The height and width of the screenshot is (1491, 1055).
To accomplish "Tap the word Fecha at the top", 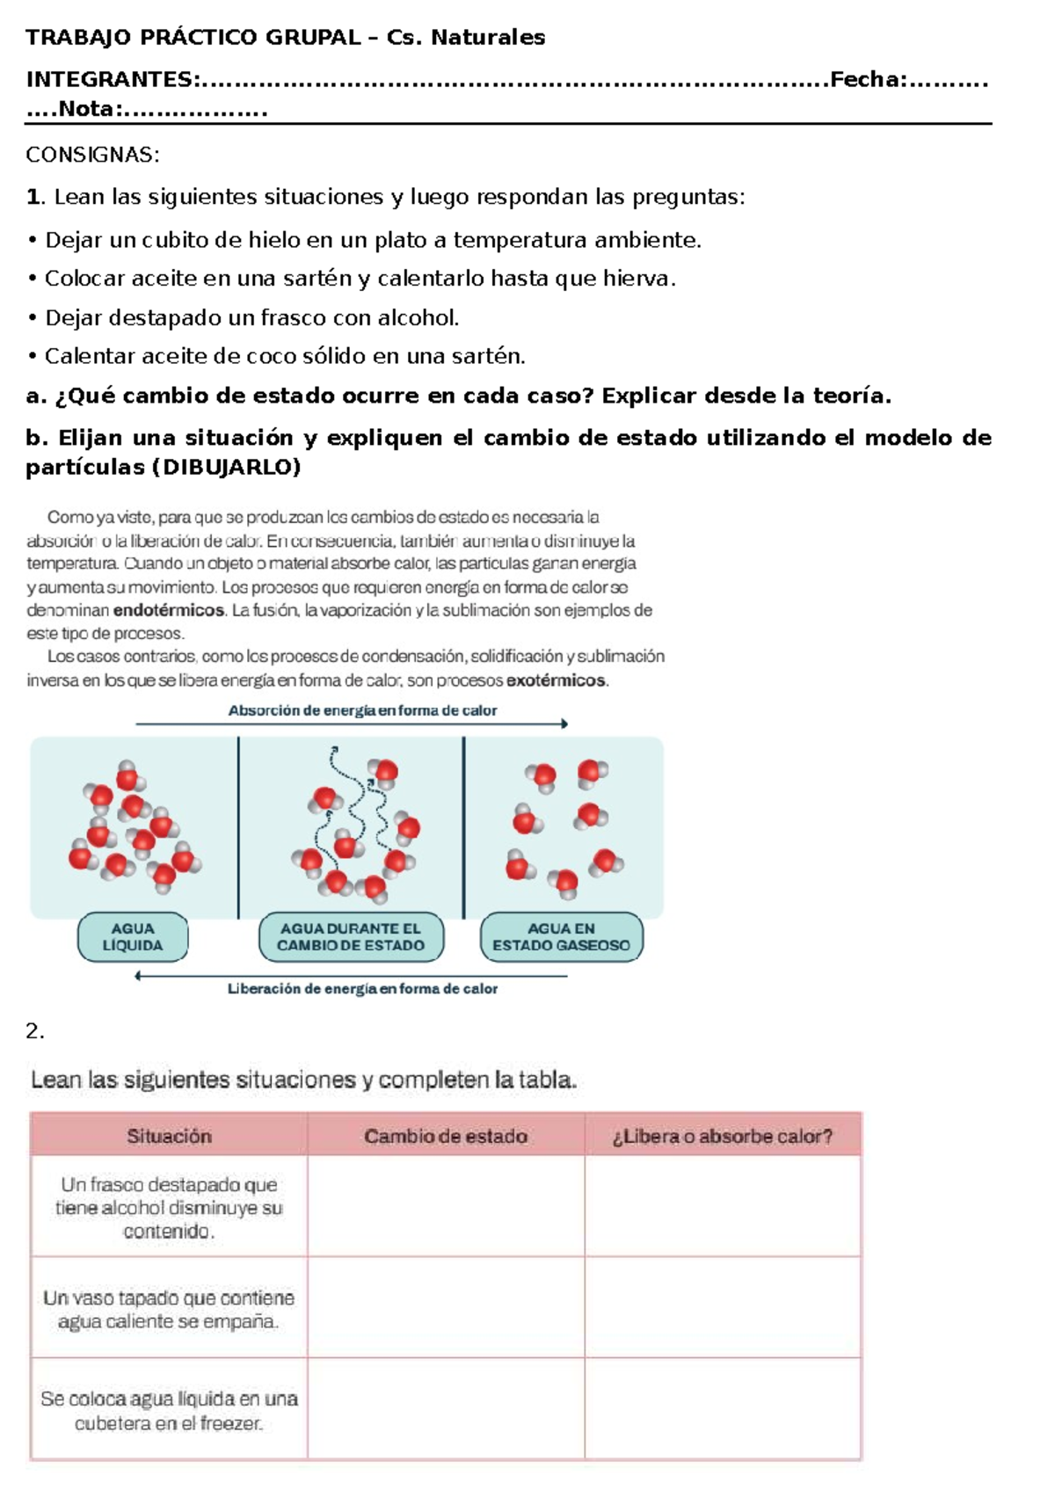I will tap(865, 80).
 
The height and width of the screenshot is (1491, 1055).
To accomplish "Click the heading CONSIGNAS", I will tap(92, 155).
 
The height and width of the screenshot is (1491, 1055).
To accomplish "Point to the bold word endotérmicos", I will tap(169, 610).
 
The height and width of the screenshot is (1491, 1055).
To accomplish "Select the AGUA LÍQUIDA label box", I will tap(133, 937).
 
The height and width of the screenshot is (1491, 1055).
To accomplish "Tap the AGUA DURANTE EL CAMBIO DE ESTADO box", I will tap(351, 937).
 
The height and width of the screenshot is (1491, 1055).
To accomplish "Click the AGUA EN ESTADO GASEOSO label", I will tap(561, 937).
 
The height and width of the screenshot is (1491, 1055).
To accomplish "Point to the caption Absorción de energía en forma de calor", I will tap(362, 710).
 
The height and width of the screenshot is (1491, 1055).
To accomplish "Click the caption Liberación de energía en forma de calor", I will tap(362, 989).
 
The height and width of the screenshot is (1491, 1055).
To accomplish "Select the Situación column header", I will tap(169, 1136).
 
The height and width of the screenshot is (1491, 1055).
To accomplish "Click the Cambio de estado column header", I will tap(446, 1136).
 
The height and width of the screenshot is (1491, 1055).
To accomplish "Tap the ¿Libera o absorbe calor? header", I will tap(722, 1136).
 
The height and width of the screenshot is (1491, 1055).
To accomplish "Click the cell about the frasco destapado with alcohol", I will tap(169, 1207).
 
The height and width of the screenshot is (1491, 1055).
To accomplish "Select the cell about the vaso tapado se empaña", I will tap(169, 1309).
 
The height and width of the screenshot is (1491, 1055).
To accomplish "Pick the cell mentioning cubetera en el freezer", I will tap(169, 1410).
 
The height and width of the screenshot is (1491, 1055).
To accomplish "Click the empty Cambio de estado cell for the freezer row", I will tap(446, 1410).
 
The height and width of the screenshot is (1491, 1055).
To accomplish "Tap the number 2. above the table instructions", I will tap(34, 1031).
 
